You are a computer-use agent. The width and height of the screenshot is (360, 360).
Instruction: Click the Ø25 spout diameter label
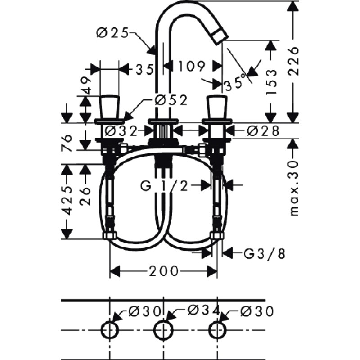point(112,33)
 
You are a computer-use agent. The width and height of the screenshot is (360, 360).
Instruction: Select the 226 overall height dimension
point(293,61)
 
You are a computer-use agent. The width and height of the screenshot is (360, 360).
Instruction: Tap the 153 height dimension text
point(271,82)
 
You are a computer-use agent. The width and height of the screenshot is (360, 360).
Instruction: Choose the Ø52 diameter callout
point(171,100)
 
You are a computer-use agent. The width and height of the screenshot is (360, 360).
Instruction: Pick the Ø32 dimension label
point(121,131)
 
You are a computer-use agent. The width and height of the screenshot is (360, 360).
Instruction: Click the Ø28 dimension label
point(263,131)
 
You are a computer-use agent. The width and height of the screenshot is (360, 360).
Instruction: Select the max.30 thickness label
point(294,188)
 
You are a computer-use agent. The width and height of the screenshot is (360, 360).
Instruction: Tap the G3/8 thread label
point(265,254)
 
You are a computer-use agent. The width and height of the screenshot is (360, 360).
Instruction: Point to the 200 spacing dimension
point(163,271)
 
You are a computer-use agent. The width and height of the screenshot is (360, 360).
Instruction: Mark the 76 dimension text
point(67,144)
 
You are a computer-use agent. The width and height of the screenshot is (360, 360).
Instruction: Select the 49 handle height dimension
point(86,85)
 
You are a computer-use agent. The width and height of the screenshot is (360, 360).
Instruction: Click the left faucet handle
point(110,108)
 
